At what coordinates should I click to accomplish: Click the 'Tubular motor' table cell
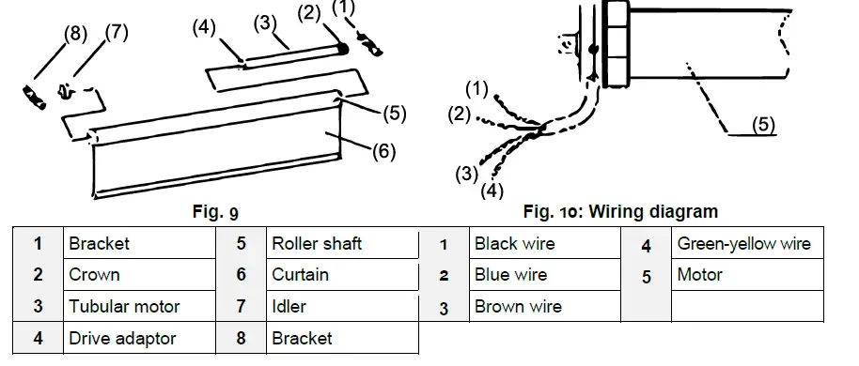pos(124,307)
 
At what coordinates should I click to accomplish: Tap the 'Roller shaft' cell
pos(317,244)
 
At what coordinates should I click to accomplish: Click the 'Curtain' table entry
pos(300,275)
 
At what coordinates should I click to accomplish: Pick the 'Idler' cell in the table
pos(289,307)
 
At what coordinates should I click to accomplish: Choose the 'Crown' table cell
pos(94,275)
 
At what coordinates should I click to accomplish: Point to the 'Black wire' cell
pos(514,244)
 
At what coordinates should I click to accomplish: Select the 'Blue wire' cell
pos(510,275)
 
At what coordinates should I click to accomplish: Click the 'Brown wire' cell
pos(518,307)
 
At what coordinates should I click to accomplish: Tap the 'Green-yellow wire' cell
pos(743,244)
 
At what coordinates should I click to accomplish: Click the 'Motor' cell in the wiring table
pos(699,275)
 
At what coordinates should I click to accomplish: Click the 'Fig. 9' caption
pos(209,212)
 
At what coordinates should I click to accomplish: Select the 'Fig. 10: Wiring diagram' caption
pos(620,212)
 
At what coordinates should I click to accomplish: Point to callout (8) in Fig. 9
pos(75,35)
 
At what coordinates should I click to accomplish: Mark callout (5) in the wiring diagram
pos(764,125)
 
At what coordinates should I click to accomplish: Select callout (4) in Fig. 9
pos(205,27)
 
